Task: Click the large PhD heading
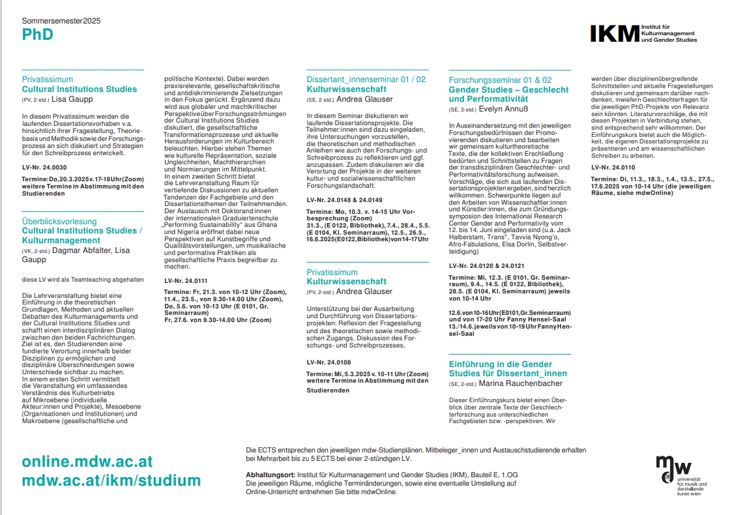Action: tap(37, 35)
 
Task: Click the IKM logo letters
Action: tap(615, 34)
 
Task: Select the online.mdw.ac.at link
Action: tap(87, 462)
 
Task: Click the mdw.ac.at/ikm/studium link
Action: tap(111, 481)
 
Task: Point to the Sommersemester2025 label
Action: tap(61, 21)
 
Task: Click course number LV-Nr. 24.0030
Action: tap(44, 168)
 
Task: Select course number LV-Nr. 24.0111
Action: tap(185, 280)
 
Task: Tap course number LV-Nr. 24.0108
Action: tap(328, 362)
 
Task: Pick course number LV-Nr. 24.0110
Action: tap(613, 167)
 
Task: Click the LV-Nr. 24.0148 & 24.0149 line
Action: tap(344, 199)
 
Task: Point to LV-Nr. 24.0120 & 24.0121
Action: tap(486, 266)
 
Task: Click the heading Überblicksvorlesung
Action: tap(59, 222)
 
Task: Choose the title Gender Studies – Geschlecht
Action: tap(508, 89)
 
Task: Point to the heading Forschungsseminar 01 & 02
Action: tap(500, 80)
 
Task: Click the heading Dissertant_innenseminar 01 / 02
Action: tap(366, 80)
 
